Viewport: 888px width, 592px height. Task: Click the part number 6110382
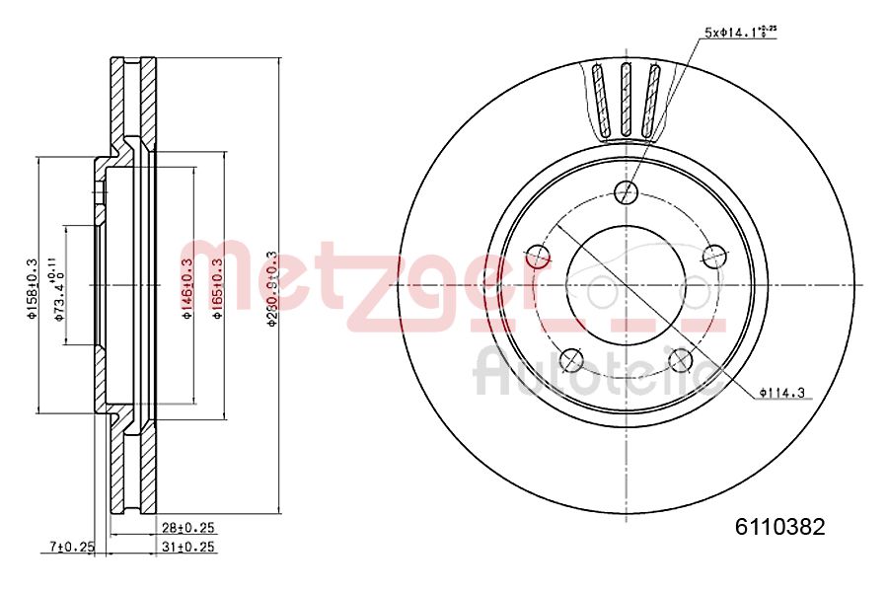pos(778,526)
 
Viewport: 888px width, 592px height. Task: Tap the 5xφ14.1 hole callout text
pos(740,32)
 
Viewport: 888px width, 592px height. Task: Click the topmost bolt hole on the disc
pos(626,192)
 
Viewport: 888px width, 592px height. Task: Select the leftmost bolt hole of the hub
pos(538,257)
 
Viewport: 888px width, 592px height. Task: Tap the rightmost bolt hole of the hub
pos(713,257)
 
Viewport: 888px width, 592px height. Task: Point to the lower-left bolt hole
pos(571,359)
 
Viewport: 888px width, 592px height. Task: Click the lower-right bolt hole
pos(680,359)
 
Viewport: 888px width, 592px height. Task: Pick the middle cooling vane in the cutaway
pos(626,99)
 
